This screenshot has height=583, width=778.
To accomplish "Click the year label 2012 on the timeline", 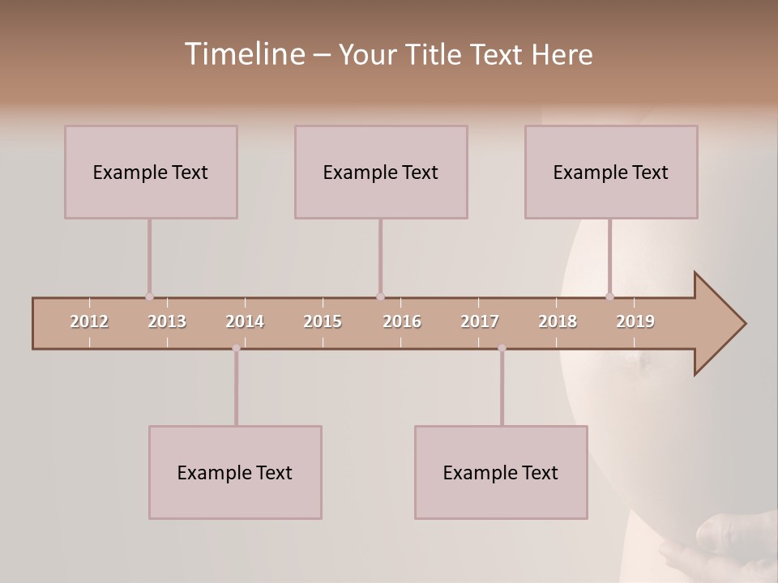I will tap(89, 321).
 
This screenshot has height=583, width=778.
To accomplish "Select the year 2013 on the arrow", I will tap(167, 321).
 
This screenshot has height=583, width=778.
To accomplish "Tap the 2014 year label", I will tap(245, 321).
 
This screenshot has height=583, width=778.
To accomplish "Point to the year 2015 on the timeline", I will tap(323, 321).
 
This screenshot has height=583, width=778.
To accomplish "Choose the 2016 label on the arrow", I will tap(402, 321).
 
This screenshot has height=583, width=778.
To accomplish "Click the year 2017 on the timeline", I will tap(480, 321).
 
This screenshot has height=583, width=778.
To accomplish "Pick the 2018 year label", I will tap(558, 321).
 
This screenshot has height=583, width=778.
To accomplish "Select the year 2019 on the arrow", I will tap(635, 321).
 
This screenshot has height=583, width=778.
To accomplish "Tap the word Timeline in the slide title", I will tap(242, 54).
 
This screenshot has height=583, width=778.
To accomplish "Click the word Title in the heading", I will tap(434, 54).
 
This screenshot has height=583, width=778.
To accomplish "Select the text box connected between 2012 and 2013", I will tap(151, 172).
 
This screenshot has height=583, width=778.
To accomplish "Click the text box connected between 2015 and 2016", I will tap(381, 172).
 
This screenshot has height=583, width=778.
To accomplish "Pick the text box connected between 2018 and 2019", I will tap(611, 172).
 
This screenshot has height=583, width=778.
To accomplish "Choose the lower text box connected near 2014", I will tap(235, 472).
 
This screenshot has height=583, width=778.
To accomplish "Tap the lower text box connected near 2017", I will tap(501, 472).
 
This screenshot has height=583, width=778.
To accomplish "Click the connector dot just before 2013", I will tap(149, 296).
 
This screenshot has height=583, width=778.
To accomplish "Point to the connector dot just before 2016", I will tap(380, 296).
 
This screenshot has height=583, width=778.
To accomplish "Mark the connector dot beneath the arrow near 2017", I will tap(502, 348).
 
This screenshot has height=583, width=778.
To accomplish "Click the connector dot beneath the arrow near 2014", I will tap(236, 348).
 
